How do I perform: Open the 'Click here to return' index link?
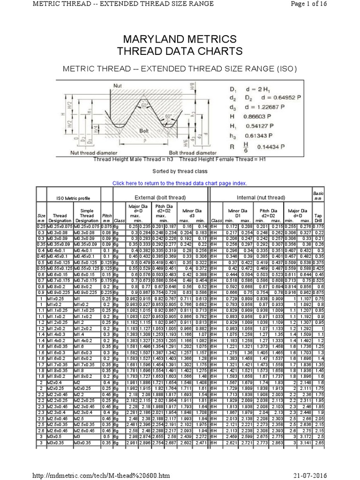[180, 183]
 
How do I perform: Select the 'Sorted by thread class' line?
[180, 172]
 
